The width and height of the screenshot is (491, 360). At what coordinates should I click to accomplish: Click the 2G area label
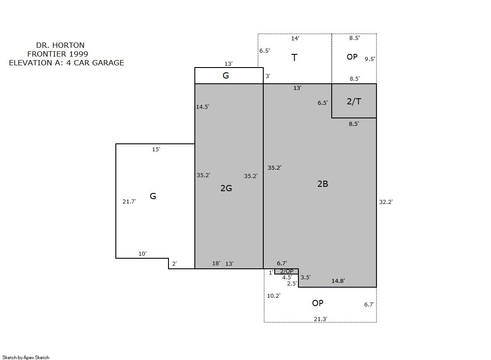(226, 188)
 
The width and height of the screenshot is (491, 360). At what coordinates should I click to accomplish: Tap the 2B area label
(323, 184)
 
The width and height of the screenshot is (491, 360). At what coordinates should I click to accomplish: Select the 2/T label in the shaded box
(354, 101)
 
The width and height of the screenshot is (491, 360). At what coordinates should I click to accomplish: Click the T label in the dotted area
(294, 57)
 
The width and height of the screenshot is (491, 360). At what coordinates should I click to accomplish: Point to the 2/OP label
(287, 271)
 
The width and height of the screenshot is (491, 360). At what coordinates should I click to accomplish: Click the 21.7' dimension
(129, 202)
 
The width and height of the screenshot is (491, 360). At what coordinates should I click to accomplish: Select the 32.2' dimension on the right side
(386, 202)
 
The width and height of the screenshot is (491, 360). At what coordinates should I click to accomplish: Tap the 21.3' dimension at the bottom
(320, 319)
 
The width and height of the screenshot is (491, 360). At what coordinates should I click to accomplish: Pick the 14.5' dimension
(202, 107)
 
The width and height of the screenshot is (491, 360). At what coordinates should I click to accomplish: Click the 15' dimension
(156, 150)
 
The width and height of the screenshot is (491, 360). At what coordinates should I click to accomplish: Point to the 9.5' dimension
(369, 59)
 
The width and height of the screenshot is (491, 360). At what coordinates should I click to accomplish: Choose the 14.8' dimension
(338, 281)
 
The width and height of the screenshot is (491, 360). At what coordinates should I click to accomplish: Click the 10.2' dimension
(273, 296)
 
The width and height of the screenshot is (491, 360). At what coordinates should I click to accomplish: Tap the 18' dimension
(216, 263)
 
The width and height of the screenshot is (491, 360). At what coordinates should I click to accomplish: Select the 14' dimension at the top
(295, 38)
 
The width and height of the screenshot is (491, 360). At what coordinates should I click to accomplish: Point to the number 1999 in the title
(78, 54)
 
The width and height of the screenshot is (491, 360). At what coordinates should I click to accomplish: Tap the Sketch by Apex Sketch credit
(26, 357)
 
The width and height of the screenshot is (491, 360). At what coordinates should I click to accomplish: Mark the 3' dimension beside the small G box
(268, 76)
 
